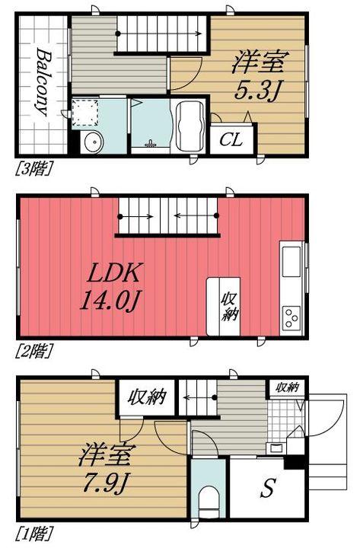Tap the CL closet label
tap(231, 140)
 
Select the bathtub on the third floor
tap(190, 126)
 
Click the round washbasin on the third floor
tap(93, 142)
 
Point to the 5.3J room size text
tap(257, 90)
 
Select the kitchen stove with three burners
tap(292, 317)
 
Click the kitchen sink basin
tap(292, 261)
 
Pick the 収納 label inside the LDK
tap(229, 307)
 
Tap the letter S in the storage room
tap(268, 488)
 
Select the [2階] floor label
tap(34, 351)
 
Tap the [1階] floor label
tap(34, 534)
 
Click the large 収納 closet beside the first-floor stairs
tap(146, 397)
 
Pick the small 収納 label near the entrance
tap(287, 387)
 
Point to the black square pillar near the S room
tap(295, 463)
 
